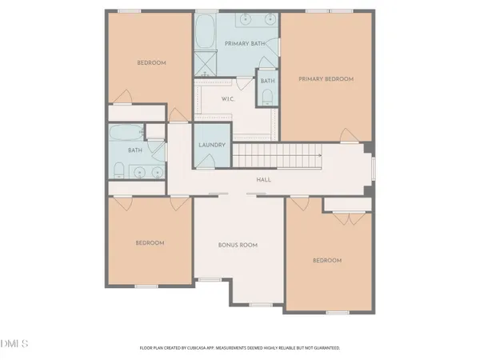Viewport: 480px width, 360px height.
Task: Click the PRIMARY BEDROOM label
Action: coord(326,79)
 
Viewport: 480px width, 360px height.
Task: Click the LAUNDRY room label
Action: coord(212,145)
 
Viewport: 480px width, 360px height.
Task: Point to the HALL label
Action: coord(263,180)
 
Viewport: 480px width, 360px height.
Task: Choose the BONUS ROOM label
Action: coord(238,245)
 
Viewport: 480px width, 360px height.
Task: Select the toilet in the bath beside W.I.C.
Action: coord(267,96)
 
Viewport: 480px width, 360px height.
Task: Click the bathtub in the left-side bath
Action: coord(126,133)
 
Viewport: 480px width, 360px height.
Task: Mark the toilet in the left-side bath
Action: coord(118,169)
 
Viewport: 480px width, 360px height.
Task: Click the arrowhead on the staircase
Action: coord(320,155)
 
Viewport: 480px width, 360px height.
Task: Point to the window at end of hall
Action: coord(374,170)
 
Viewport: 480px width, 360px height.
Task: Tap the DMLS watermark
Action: coord(14,344)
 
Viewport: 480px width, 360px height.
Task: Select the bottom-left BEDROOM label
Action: coord(150,242)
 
